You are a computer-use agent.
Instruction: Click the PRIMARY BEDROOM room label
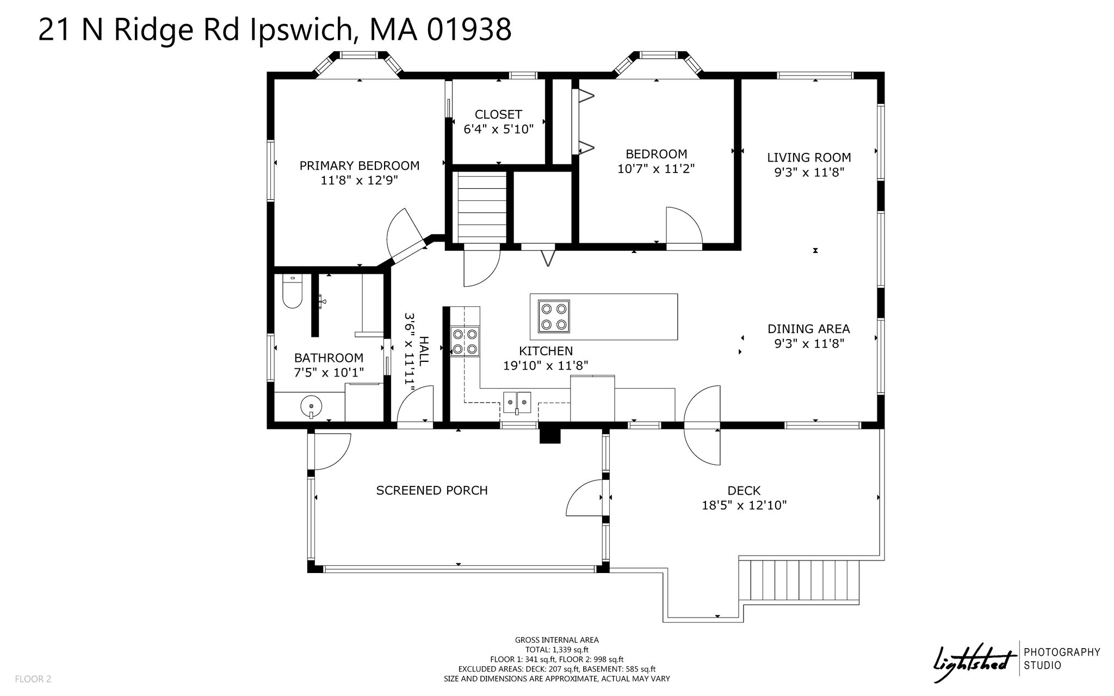(x=360, y=165)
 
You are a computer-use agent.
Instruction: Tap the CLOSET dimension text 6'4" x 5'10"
(x=498, y=130)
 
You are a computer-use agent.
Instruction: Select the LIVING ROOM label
(x=809, y=158)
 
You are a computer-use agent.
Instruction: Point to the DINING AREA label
(x=808, y=329)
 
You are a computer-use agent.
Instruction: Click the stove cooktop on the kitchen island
(x=554, y=316)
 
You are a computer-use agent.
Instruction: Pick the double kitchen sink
(x=517, y=403)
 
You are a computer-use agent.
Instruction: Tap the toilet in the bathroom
(x=292, y=292)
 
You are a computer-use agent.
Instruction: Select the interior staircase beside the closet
(x=481, y=207)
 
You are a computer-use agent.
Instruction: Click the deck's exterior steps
(x=799, y=581)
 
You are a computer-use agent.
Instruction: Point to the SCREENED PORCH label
(x=432, y=490)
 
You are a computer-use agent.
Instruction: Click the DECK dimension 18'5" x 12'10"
(x=744, y=506)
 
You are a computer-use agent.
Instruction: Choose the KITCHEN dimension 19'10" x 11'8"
(x=546, y=366)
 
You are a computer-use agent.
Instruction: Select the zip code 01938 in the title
(x=468, y=29)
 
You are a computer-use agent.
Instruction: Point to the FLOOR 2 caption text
(x=33, y=679)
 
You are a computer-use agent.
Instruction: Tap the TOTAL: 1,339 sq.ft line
(x=556, y=650)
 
